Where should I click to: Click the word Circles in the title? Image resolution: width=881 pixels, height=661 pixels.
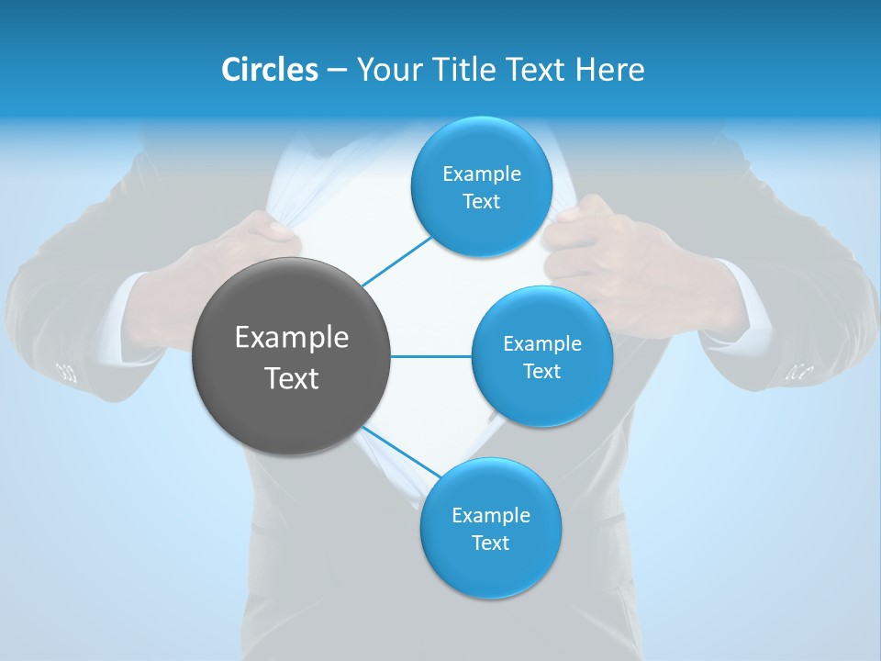270,70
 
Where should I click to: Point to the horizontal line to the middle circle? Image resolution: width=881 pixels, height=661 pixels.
430,356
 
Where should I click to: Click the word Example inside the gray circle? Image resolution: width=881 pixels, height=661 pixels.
291,338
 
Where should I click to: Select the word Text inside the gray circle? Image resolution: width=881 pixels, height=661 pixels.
291,378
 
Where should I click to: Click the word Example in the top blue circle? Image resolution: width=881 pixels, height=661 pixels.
481,174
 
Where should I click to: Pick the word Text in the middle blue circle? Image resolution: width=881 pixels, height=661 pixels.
541,371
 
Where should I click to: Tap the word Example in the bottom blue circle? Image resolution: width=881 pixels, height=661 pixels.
490,515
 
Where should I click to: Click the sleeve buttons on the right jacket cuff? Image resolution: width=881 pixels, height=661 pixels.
799,372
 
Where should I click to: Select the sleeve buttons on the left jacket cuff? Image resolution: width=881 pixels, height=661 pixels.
66,371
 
